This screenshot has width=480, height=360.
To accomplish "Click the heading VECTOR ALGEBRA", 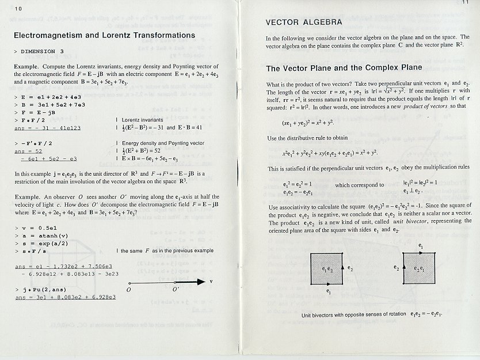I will [x=303, y=23].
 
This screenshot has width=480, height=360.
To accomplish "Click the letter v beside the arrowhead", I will [x=211, y=282].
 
